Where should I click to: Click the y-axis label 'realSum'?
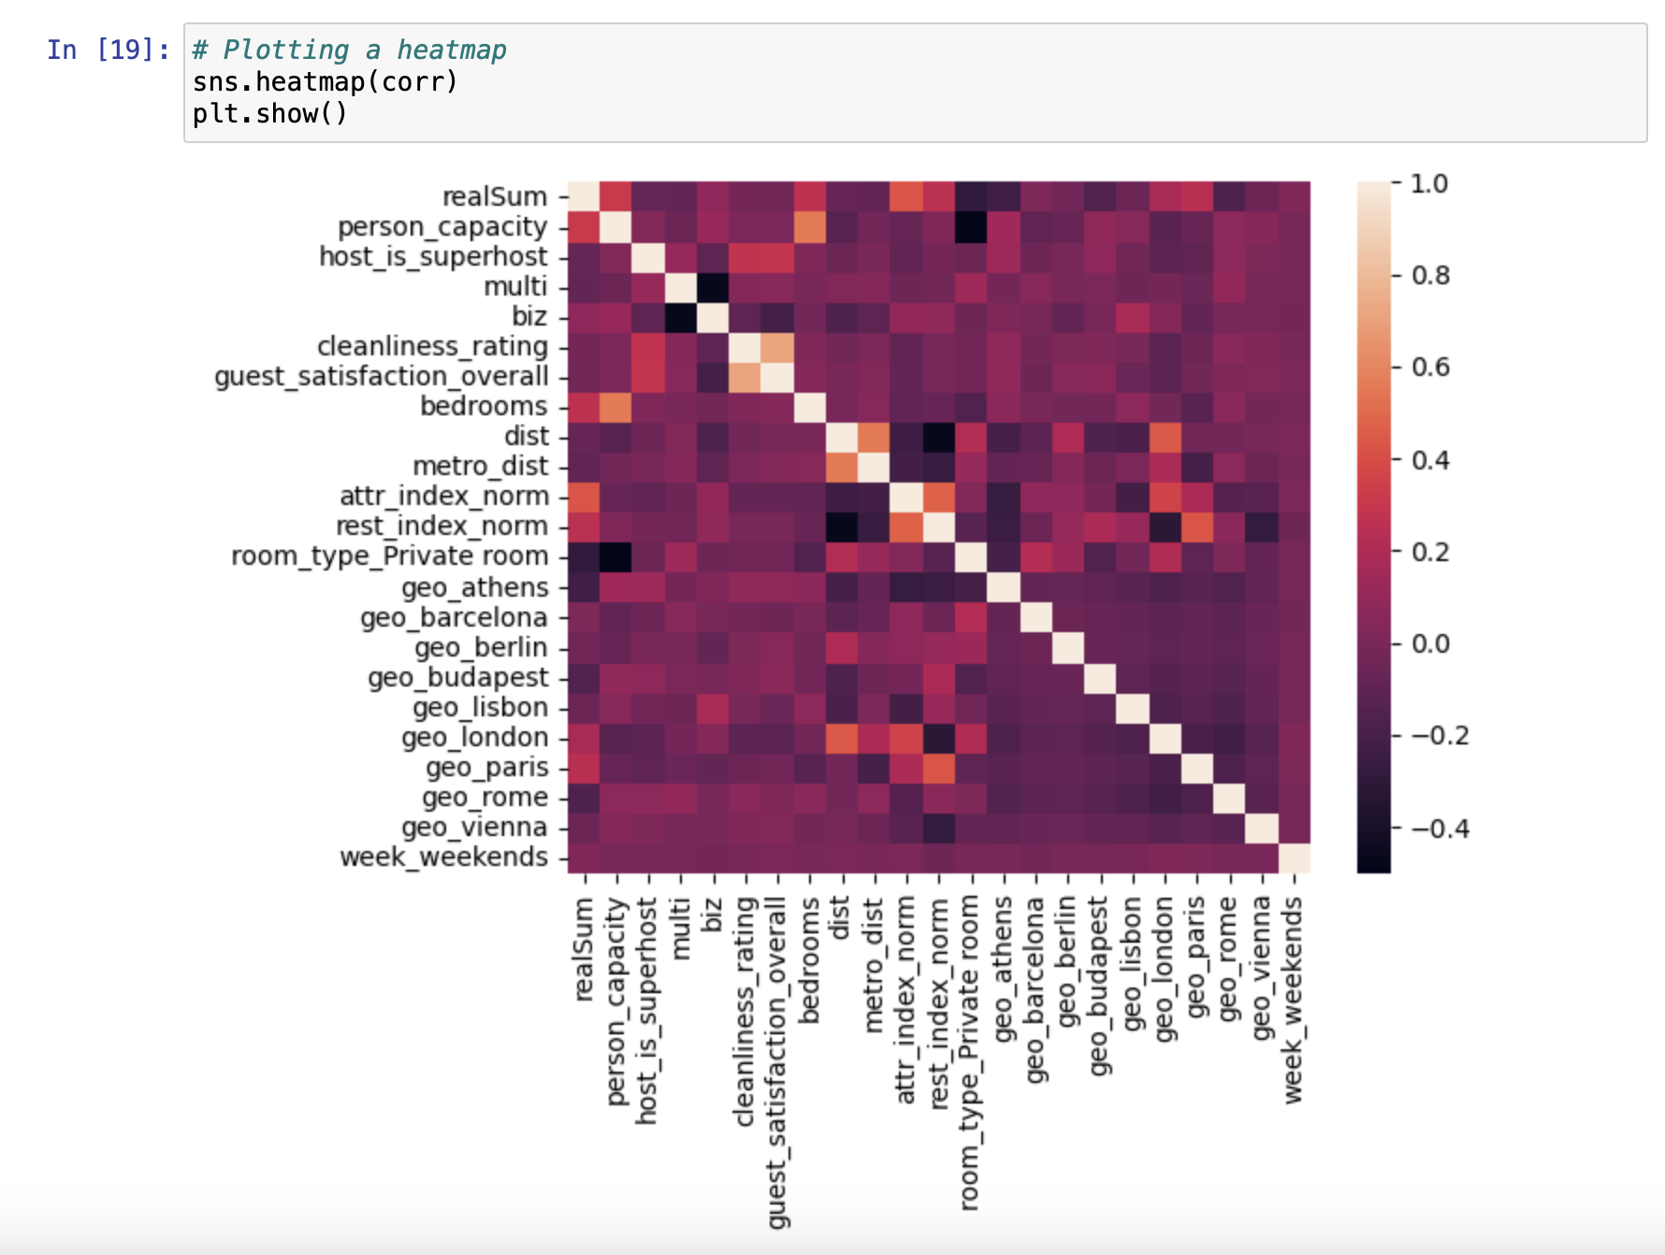(x=495, y=196)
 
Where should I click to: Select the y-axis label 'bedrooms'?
(x=484, y=406)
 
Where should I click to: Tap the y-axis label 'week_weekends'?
(x=443, y=858)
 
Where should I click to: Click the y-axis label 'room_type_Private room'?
(x=390, y=556)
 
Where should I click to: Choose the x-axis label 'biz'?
(x=713, y=915)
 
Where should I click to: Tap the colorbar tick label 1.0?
(x=1428, y=183)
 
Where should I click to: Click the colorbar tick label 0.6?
(x=1430, y=367)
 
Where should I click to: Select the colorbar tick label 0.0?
(x=1430, y=643)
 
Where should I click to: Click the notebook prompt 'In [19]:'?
(x=109, y=50)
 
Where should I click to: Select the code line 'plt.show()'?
(x=270, y=114)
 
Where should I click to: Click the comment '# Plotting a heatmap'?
(x=349, y=50)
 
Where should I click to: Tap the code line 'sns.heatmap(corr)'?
(x=326, y=82)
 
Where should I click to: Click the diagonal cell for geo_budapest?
(x=1100, y=678)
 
